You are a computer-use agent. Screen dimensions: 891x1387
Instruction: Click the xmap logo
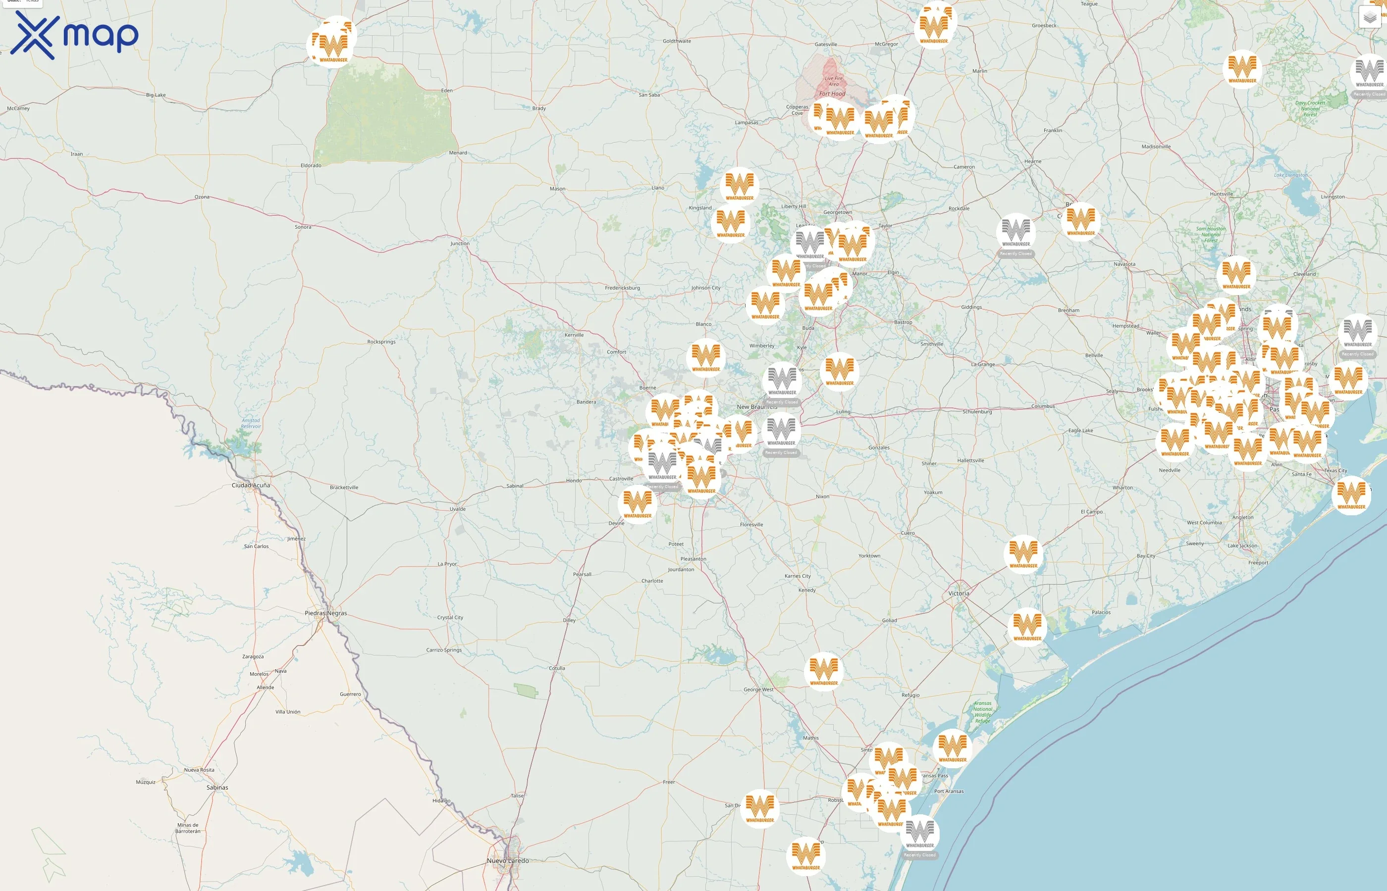[x=74, y=36]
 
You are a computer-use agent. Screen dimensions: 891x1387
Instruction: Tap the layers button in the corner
[x=1369, y=17]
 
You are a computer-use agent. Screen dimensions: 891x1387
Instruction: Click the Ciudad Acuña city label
[x=251, y=486]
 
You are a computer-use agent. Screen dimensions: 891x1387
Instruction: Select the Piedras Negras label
[x=326, y=613]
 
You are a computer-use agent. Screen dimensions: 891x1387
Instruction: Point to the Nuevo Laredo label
[x=508, y=861]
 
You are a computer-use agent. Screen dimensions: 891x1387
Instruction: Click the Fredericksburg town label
[x=622, y=288]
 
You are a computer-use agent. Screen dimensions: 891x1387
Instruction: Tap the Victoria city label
[x=959, y=594]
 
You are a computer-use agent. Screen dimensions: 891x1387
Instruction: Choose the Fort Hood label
[x=832, y=94]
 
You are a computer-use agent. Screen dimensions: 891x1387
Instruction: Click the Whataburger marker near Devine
[x=638, y=503]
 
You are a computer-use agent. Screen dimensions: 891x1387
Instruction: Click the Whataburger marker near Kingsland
[x=731, y=223]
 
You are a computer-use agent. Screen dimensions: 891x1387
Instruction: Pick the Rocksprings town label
[x=381, y=342]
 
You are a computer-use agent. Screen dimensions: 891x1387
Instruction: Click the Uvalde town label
[x=457, y=509]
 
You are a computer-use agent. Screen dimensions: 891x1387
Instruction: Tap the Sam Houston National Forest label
[x=1211, y=234]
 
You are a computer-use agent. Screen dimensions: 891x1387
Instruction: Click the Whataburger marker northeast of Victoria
[x=1023, y=553]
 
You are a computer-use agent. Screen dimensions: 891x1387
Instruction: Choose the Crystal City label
[x=450, y=617]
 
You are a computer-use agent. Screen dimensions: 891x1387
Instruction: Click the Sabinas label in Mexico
[x=217, y=788]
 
